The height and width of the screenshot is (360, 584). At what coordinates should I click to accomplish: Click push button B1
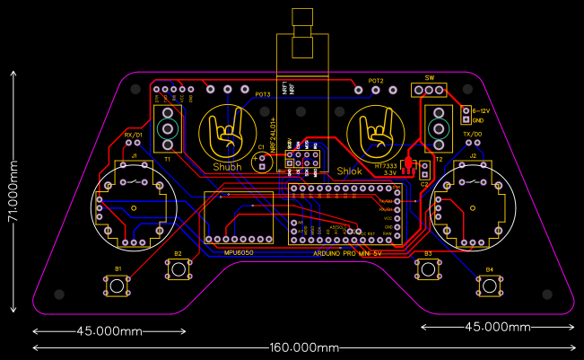click(118, 285)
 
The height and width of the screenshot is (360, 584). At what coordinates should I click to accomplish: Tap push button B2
click(178, 269)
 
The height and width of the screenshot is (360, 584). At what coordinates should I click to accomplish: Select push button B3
click(428, 269)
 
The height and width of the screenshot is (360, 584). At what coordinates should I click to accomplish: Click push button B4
click(489, 285)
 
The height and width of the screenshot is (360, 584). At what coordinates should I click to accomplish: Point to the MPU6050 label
click(240, 252)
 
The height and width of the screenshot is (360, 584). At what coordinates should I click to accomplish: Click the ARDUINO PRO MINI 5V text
click(348, 254)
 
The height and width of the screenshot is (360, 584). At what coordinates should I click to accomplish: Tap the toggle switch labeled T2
click(440, 127)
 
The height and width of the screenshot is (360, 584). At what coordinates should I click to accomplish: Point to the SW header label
click(429, 78)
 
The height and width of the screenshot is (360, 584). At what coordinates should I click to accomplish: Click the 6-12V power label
click(480, 110)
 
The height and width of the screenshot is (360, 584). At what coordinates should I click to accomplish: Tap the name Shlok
click(348, 171)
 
